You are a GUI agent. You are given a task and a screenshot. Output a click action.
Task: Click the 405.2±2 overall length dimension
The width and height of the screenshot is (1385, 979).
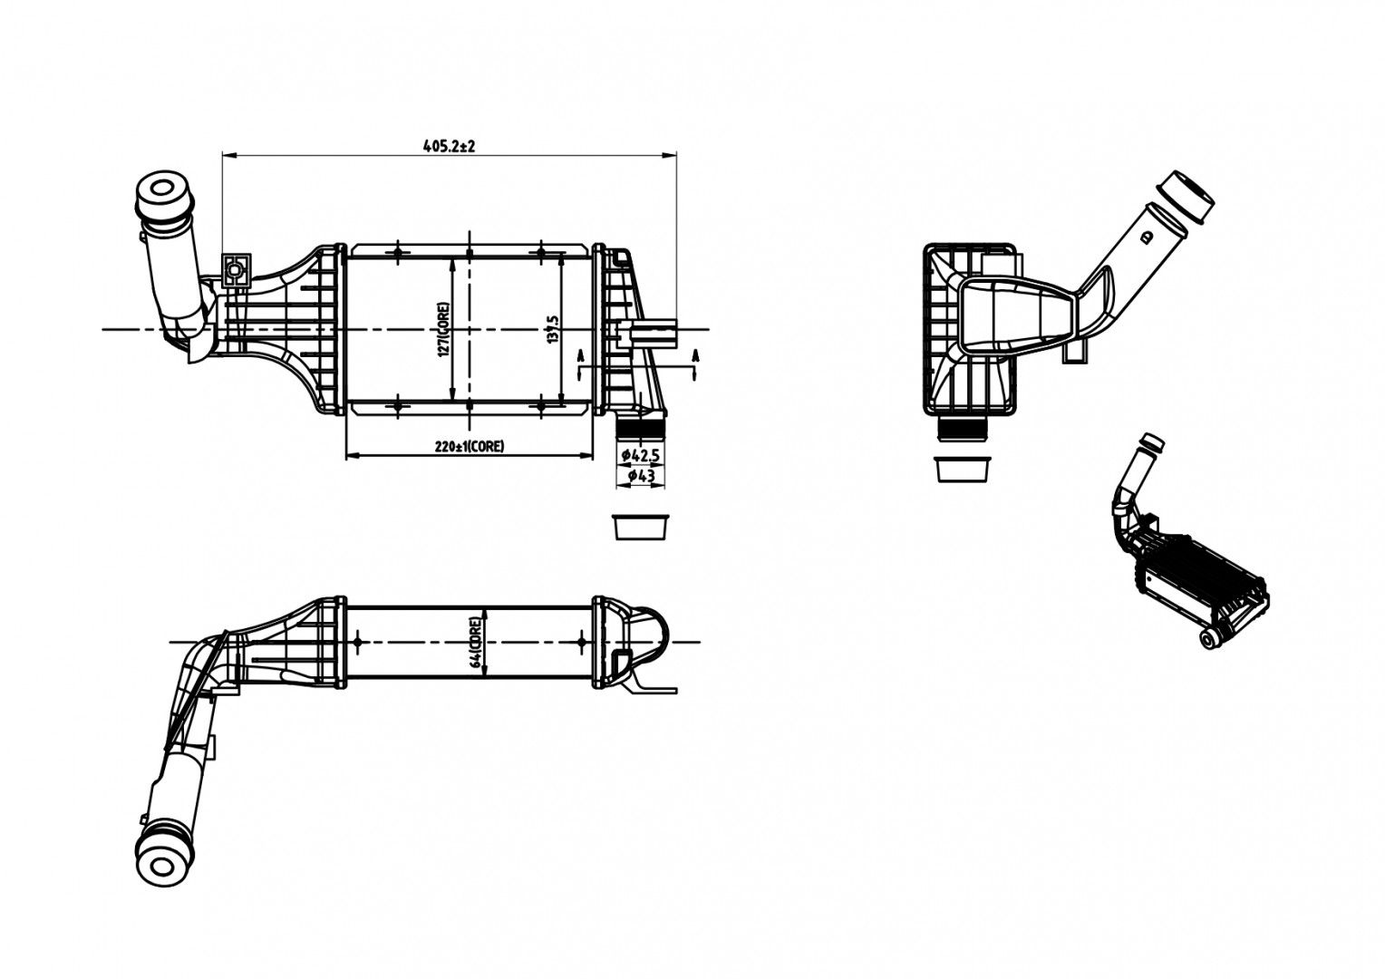coord(450,145)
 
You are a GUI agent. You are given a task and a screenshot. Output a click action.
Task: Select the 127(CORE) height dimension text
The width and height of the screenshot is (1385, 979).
coord(443,330)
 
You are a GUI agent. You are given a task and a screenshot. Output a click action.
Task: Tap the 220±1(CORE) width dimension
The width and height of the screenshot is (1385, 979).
coord(470,446)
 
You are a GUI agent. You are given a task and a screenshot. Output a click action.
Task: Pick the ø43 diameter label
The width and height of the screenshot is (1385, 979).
coord(640,475)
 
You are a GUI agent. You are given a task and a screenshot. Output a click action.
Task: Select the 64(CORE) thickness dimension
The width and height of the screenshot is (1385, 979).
coord(477,642)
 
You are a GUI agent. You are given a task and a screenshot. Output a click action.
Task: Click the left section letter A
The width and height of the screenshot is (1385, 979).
coord(580,356)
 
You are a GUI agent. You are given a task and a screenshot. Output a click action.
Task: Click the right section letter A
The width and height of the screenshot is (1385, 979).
coord(696,356)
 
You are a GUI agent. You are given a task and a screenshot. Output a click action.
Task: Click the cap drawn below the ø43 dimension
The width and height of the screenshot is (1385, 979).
coord(640,527)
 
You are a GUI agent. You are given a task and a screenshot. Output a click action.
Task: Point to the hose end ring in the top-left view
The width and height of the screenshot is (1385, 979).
coord(161,194)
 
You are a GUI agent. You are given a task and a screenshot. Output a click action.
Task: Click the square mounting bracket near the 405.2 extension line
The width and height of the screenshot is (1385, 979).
coord(236,269)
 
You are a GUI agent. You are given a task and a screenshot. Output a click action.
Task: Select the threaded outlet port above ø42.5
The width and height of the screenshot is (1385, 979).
coord(641,428)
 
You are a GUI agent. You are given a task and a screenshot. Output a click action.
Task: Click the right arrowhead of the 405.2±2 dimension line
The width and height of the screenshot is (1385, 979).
coord(673,156)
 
